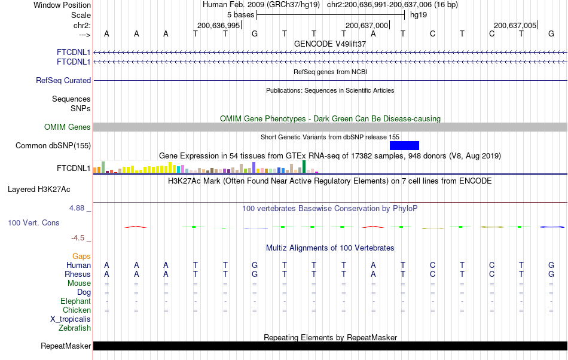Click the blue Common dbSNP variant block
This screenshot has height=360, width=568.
pyautogui.click(x=404, y=145)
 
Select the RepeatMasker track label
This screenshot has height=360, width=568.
pyautogui.click(x=66, y=346)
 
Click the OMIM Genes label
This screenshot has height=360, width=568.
pyautogui.click(x=68, y=127)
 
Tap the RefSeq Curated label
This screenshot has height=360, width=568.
pyautogui.click(x=63, y=80)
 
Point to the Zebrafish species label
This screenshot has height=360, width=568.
pyautogui.click(x=75, y=328)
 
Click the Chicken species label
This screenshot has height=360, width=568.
pyautogui.click(x=77, y=310)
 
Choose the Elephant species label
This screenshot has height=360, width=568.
pyautogui.click(x=75, y=301)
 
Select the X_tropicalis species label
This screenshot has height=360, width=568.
pyautogui.click(x=71, y=319)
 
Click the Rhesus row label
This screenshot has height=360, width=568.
pyautogui.click(x=78, y=274)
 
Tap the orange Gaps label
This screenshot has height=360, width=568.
pyautogui.click(x=81, y=256)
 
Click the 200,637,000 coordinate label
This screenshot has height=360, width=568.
pyautogui.click(x=367, y=25)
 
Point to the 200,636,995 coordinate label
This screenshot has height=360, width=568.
pyautogui.click(x=218, y=25)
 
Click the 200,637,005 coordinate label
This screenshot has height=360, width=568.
pyautogui.click(x=515, y=25)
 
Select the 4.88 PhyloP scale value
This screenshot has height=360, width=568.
pyautogui.click(x=78, y=208)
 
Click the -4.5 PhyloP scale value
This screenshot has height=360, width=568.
pyautogui.click(x=79, y=237)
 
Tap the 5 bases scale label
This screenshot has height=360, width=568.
pyautogui.click(x=240, y=14)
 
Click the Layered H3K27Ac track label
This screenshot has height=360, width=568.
pyautogui.click(x=39, y=190)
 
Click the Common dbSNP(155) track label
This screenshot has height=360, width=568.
pyautogui.click(x=53, y=145)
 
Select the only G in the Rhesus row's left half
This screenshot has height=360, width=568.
pyautogui.click(x=255, y=274)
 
